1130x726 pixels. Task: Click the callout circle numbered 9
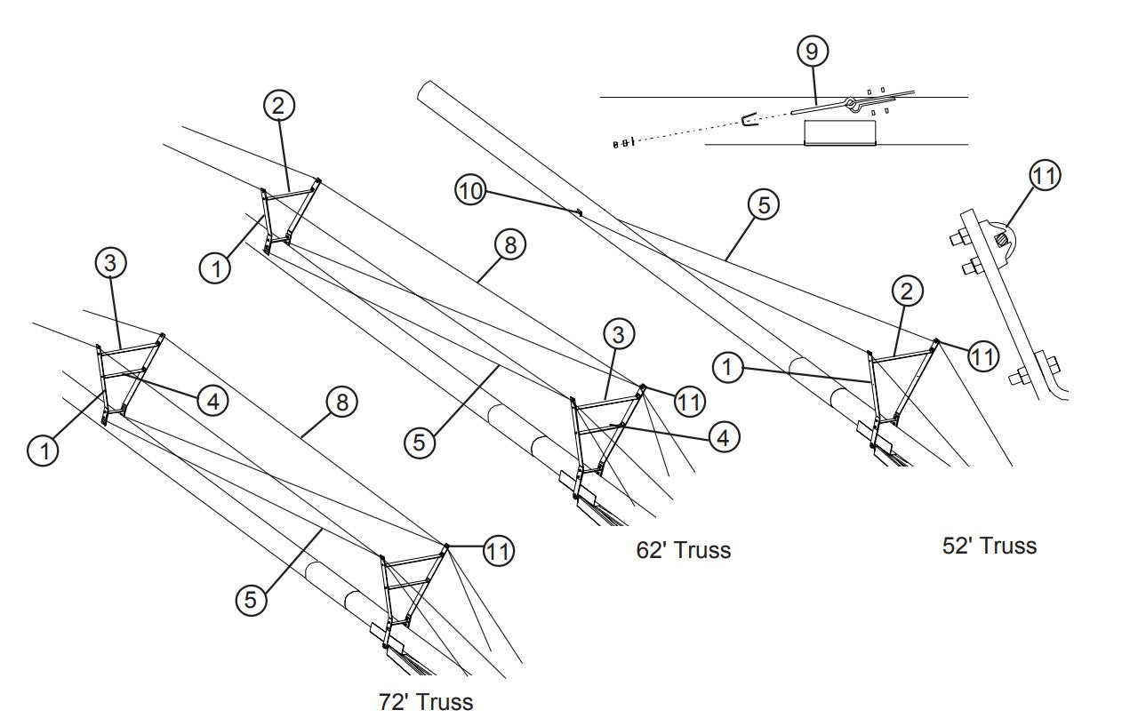tap(811, 52)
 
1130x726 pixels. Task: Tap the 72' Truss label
tap(426, 702)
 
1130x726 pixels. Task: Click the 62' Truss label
tap(683, 550)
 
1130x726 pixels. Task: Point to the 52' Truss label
tap(989, 545)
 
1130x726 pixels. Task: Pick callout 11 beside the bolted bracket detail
tap(1046, 176)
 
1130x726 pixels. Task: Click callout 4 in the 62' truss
tap(724, 436)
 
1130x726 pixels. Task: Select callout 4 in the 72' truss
tap(212, 402)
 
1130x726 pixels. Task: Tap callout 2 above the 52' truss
tap(908, 291)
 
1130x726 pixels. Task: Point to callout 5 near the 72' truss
tap(251, 600)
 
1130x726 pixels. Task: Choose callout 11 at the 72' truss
tap(499, 551)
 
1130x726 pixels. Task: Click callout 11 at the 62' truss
tap(689, 402)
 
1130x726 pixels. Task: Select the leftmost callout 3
tap(110, 263)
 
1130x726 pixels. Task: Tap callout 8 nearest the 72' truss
tap(341, 403)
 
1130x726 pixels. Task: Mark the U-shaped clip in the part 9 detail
tap(749, 119)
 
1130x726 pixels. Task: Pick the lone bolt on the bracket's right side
tap(1046, 363)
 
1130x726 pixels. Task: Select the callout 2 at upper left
tap(278, 106)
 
